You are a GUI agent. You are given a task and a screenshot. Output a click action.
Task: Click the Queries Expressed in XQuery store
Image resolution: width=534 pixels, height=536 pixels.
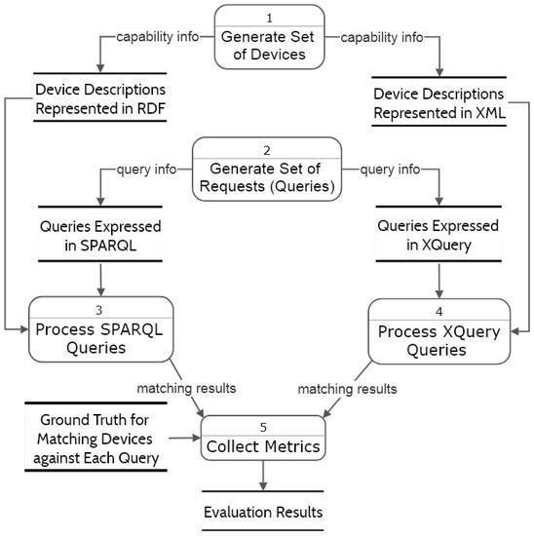[x=438, y=235]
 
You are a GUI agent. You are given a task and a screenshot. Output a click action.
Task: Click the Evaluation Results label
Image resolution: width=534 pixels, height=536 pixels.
[x=262, y=511]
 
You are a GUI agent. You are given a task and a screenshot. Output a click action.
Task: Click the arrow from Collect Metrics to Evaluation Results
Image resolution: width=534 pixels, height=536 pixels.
[x=261, y=475]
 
